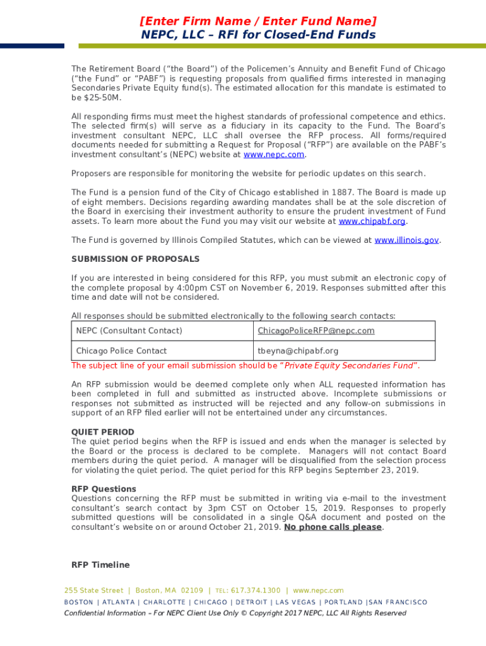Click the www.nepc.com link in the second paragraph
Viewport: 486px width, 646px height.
coord(274,155)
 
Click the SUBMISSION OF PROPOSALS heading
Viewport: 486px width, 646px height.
coord(135,259)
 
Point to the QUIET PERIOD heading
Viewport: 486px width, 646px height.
coord(103,432)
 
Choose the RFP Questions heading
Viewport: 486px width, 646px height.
coord(104,489)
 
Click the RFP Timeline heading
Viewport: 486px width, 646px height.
coord(100,565)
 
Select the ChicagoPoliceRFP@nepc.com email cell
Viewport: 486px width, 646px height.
coord(316,331)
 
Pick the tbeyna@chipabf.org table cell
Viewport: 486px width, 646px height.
coord(298,351)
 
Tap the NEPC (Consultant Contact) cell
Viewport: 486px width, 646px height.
coord(129,331)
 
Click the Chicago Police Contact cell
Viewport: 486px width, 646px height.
coord(121,351)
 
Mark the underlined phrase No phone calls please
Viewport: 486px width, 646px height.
coord(333,527)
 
